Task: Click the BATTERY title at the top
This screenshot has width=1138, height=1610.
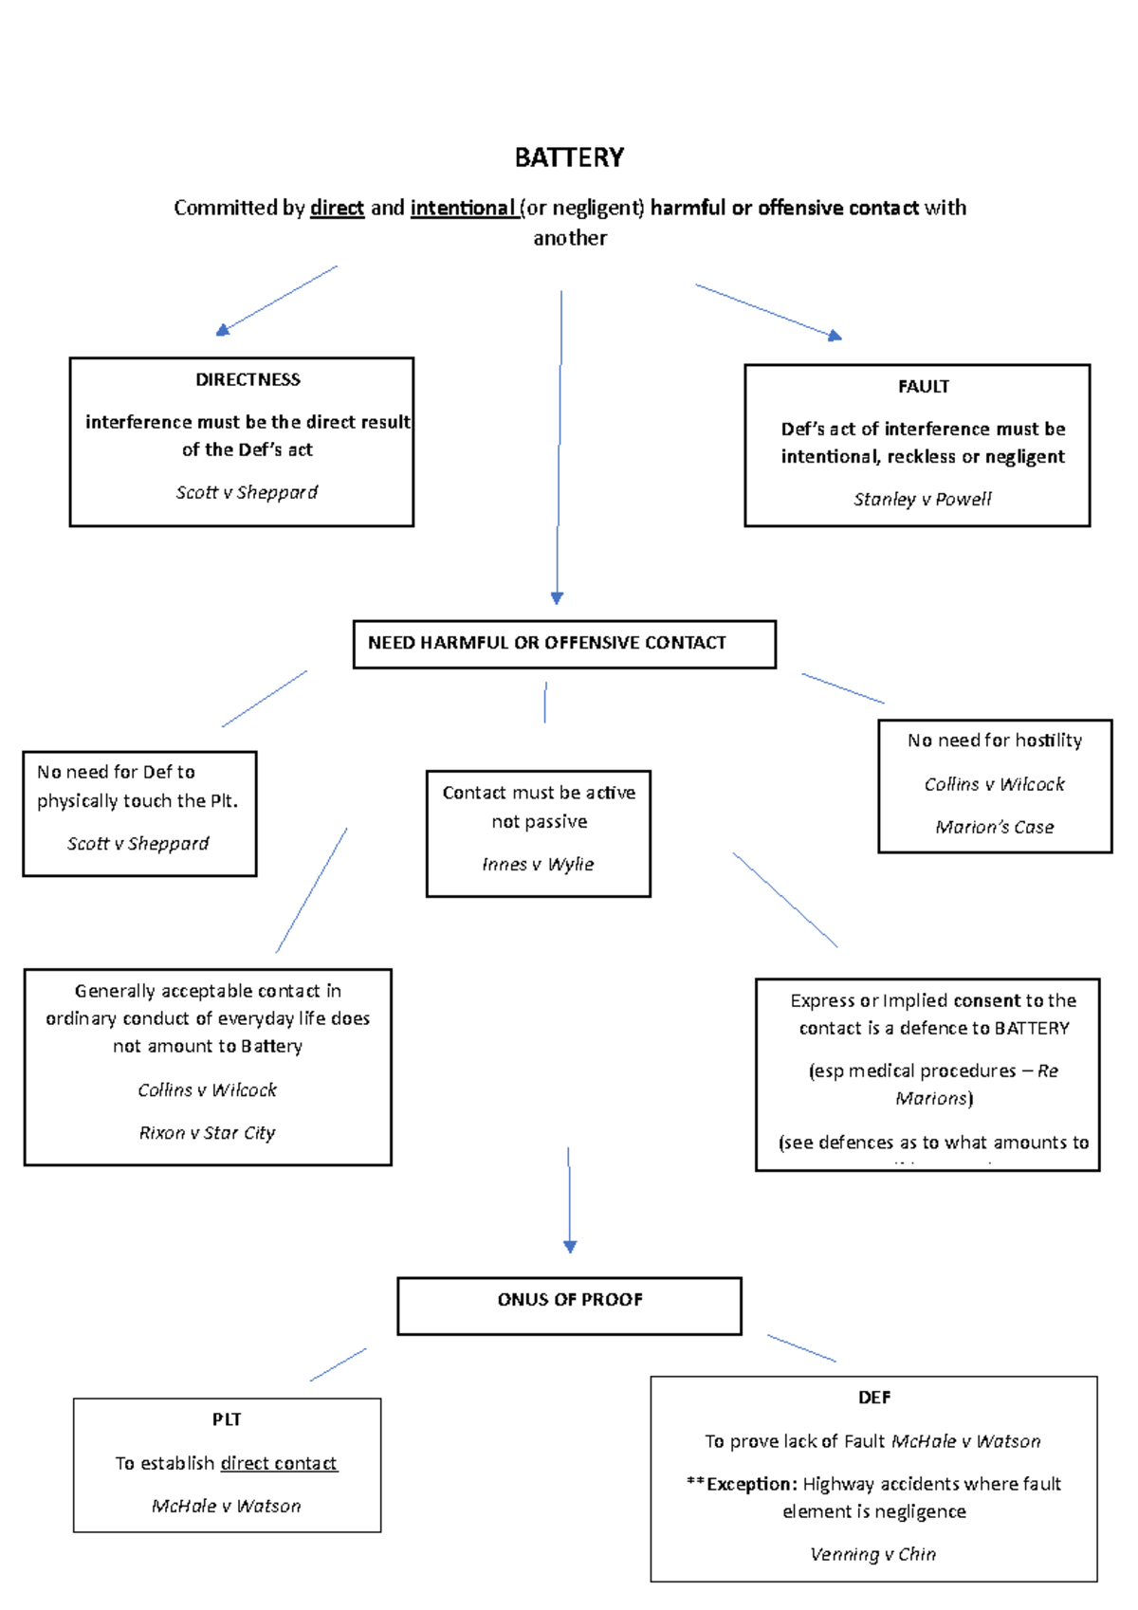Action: [x=569, y=157]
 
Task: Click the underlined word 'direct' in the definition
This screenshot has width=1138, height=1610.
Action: [x=337, y=208]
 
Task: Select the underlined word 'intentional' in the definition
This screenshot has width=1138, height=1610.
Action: [x=462, y=208]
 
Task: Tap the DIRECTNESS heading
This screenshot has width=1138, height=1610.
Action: [x=248, y=379]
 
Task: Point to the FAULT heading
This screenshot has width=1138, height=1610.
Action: [x=923, y=386]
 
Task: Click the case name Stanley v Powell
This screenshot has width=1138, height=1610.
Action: [x=922, y=499]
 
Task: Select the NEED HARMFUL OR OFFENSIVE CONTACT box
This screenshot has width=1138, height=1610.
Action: [x=564, y=644]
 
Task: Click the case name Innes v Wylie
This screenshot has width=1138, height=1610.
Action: [x=538, y=864]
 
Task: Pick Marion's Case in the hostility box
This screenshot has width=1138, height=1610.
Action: [x=994, y=827]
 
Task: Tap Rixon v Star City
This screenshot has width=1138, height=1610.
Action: [x=207, y=1132]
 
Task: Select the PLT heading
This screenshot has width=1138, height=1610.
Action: [x=227, y=1419]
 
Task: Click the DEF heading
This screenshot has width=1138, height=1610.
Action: [x=873, y=1398]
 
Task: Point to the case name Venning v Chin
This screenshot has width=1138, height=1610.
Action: [x=872, y=1554]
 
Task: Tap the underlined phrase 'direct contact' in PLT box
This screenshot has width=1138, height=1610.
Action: [x=278, y=1463]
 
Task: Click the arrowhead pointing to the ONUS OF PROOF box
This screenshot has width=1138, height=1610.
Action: [x=570, y=1247]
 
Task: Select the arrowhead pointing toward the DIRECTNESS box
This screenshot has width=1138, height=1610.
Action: [x=223, y=330]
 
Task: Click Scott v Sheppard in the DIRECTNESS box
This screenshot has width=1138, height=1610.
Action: [x=247, y=492]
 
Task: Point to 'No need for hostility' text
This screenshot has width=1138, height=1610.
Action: [x=994, y=741]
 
